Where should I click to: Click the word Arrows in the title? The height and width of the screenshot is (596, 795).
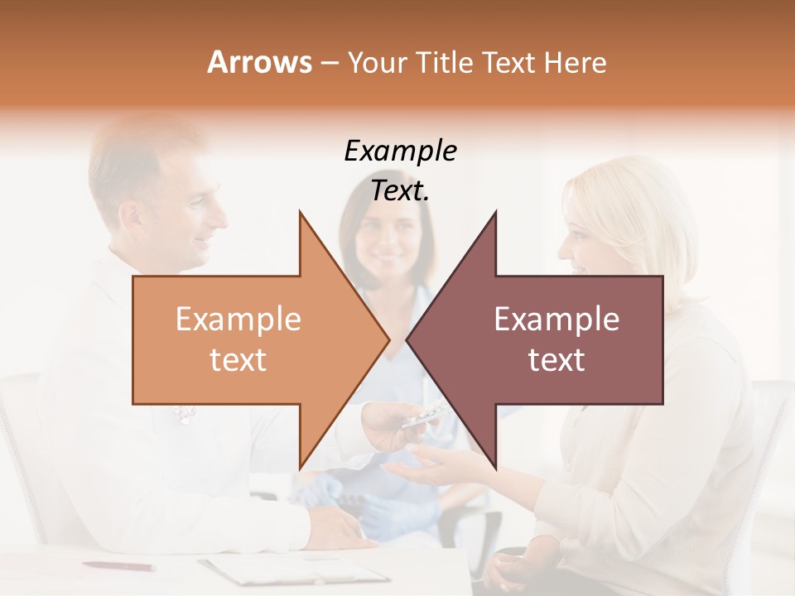coord(259,62)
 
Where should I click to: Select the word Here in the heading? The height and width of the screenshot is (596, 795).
coord(575,63)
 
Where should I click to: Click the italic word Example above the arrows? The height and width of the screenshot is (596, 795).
coord(400,151)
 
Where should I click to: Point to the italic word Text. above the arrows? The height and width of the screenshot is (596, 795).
coord(400,190)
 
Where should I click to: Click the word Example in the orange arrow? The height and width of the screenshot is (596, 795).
coord(238,320)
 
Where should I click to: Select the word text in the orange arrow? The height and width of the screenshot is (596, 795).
coord(238,360)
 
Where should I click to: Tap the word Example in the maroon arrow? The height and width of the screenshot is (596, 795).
coord(556,320)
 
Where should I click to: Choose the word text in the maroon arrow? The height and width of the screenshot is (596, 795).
coord(556,360)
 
